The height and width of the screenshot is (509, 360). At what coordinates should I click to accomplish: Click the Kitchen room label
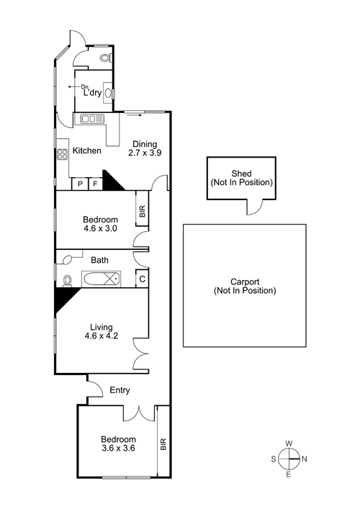coord(86,150)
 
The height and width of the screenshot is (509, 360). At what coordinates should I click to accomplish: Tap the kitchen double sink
coord(91,119)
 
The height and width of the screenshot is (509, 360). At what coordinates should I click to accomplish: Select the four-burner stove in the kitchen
coord(63,154)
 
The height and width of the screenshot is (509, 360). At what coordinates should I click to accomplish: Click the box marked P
coord(80,184)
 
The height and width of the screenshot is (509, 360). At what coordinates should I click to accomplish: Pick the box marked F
coord(96,184)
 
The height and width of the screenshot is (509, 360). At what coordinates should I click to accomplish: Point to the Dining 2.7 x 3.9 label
coord(145,148)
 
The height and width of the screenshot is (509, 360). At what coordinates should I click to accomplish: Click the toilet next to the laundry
coord(106,58)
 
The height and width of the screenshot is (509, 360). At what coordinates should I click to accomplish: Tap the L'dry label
coord(92,93)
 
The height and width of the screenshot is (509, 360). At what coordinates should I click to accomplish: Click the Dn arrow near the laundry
coord(75,87)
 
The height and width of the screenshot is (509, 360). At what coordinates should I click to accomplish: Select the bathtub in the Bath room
coord(102,279)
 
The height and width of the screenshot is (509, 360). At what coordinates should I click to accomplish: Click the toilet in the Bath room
coord(67,281)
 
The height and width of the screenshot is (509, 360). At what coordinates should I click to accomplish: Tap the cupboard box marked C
coord(142,279)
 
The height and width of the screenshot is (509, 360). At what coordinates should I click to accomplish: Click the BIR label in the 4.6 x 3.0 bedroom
coord(142,212)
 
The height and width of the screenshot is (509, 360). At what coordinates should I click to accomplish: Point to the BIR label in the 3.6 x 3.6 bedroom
coord(163,444)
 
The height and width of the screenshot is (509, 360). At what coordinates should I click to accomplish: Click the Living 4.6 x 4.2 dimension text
coord(102,335)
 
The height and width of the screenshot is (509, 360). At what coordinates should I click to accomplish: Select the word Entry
coord(120,390)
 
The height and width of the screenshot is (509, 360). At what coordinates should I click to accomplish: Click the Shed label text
coord(241,178)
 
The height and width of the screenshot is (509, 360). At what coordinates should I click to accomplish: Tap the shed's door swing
coord(255,207)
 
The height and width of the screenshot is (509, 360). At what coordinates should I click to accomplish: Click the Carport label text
coord(245,286)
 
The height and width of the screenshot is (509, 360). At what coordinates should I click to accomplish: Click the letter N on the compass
coord(304,459)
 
